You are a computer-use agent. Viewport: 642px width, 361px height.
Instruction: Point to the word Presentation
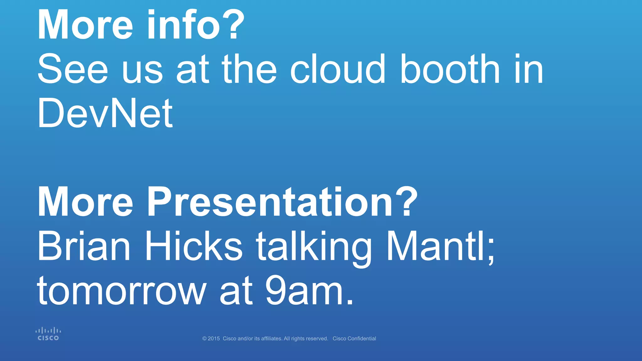tap(270, 202)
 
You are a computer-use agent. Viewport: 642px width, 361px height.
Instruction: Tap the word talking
tap(313, 248)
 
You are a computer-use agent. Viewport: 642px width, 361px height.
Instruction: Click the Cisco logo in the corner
tap(48, 334)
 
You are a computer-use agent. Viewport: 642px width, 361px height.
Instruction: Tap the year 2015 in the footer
tap(214, 338)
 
